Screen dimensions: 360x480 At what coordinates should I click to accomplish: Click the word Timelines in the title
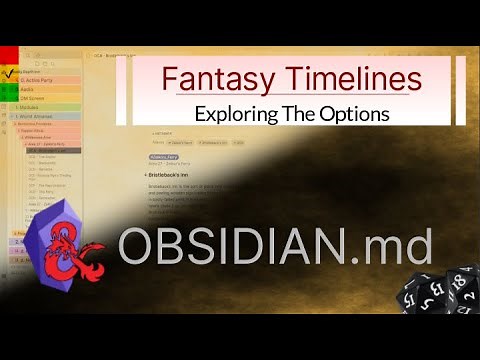[345, 78]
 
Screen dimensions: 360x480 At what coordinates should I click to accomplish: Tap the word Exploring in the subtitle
[238, 113]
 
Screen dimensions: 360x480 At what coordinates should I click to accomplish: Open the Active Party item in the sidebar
[40, 81]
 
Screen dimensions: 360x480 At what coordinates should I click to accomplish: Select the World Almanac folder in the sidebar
[40, 117]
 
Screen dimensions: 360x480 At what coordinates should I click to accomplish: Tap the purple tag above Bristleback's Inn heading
[164, 158]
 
